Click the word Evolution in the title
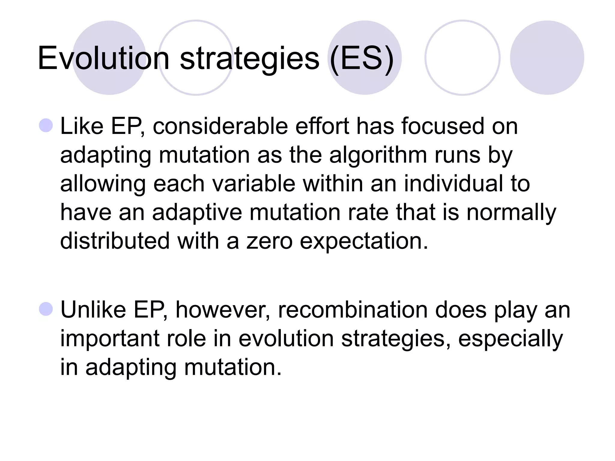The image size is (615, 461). [103, 58]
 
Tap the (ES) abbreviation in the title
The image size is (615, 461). [362, 59]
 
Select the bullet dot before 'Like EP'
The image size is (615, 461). [46, 125]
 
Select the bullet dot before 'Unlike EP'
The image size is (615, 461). [46, 309]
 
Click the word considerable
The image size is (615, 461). [220, 126]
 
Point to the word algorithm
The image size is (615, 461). [378, 155]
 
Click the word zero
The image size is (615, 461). [269, 241]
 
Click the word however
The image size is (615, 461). [223, 310]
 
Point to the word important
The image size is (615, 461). [110, 339]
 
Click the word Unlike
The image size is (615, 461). [93, 310]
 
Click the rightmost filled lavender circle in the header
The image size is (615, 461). [547, 58]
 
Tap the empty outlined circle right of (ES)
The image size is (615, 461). [462, 58]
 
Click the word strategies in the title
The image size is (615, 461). [249, 59]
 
